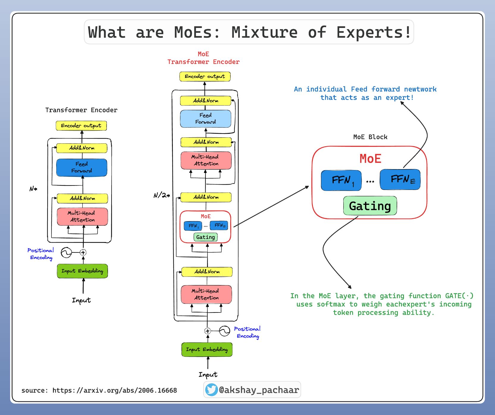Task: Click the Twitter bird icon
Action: click(212, 390)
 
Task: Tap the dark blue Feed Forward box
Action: click(82, 168)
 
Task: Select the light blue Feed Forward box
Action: click(206, 119)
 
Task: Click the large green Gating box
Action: click(370, 206)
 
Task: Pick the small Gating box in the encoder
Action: click(206, 237)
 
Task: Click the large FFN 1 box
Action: click(341, 180)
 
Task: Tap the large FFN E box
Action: click(400, 180)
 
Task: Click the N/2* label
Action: click(162, 195)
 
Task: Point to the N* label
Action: click(33, 189)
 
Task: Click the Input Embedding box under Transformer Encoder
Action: click(82, 271)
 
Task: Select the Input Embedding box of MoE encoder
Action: click(207, 350)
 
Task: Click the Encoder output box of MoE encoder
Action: click(205, 76)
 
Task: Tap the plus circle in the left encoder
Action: click(83, 252)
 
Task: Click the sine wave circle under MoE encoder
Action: click(225, 331)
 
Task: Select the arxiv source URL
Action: click(115, 390)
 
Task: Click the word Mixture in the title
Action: click(264, 32)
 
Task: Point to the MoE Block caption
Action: click(370, 137)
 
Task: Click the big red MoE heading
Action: click(370, 159)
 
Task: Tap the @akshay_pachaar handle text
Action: click(259, 390)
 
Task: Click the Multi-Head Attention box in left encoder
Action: click(82, 216)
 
